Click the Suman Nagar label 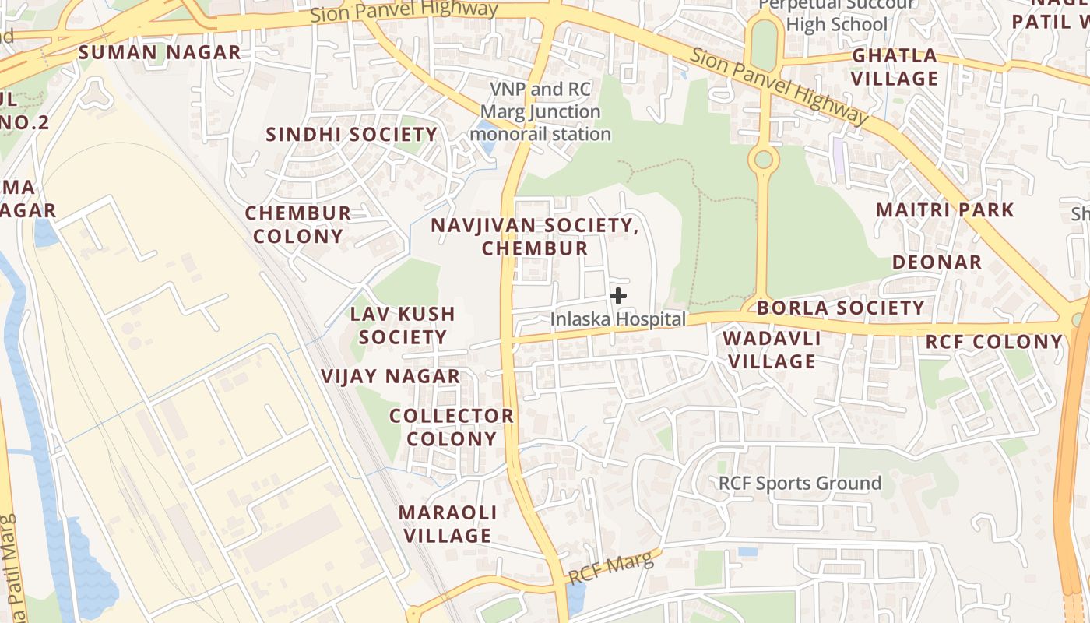tap(160, 53)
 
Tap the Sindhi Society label tap(352, 135)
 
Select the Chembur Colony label tap(297, 224)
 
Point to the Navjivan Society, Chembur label tap(535, 237)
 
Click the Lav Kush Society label tap(403, 326)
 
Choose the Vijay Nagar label tap(391, 376)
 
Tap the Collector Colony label tap(452, 427)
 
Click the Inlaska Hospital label tap(618, 319)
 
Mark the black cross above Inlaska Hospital tap(618, 296)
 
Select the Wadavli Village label tap(772, 350)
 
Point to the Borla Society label tap(841, 308)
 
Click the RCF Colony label tap(994, 342)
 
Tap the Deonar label tap(937, 262)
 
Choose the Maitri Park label tap(945, 209)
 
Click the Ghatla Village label tap(895, 67)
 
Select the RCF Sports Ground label tap(800, 483)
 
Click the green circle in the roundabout tap(764, 160)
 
